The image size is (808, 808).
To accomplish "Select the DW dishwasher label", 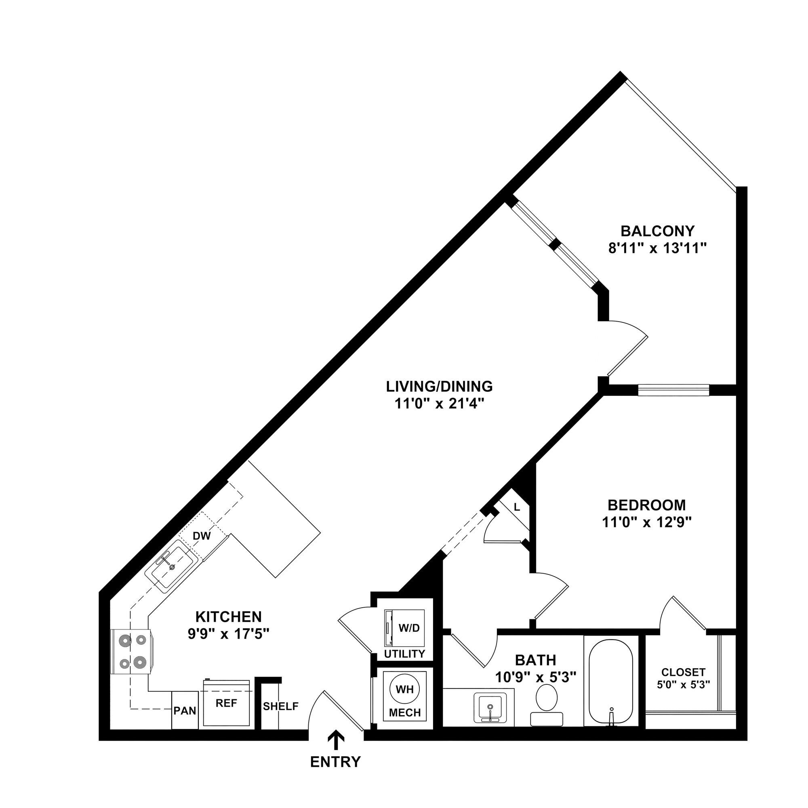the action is pos(202,536).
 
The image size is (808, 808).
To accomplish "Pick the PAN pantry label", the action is pos(185,711).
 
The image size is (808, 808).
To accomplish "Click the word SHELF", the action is pos(281,706).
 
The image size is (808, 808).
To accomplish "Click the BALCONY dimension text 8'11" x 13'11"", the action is pos(657,249).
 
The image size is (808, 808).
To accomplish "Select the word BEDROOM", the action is pos(646,505).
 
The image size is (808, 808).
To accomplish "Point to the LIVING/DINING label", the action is pos(439,387).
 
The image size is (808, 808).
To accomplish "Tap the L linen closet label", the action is pos(517,508).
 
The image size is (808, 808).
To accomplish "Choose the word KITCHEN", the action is pos(228,617).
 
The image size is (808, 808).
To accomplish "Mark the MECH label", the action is pos(404,712).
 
